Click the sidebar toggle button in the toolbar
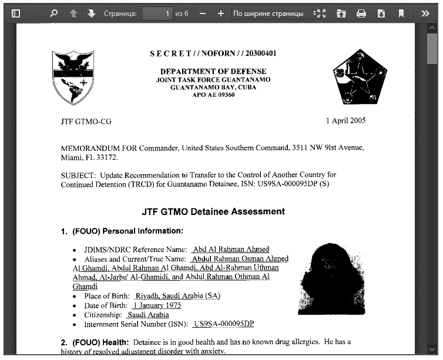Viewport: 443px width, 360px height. (16, 13)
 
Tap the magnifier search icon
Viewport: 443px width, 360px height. (54, 13)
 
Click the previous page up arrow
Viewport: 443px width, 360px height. (73, 13)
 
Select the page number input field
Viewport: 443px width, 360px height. (157, 13)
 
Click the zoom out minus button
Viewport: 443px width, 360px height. (203, 13)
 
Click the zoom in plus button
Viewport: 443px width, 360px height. (221, 13)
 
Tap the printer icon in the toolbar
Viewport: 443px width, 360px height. (361, 13)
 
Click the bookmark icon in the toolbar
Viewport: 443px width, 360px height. (401, 13)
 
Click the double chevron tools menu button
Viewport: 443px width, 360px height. (425, 13)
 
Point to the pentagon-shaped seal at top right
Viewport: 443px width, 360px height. (351, 76)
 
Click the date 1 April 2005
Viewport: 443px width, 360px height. (345, 120)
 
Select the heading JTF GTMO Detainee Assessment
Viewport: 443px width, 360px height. (213, 211)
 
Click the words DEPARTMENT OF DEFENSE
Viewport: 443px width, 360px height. (213, 71)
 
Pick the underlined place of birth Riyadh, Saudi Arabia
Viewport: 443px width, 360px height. (177, 296)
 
